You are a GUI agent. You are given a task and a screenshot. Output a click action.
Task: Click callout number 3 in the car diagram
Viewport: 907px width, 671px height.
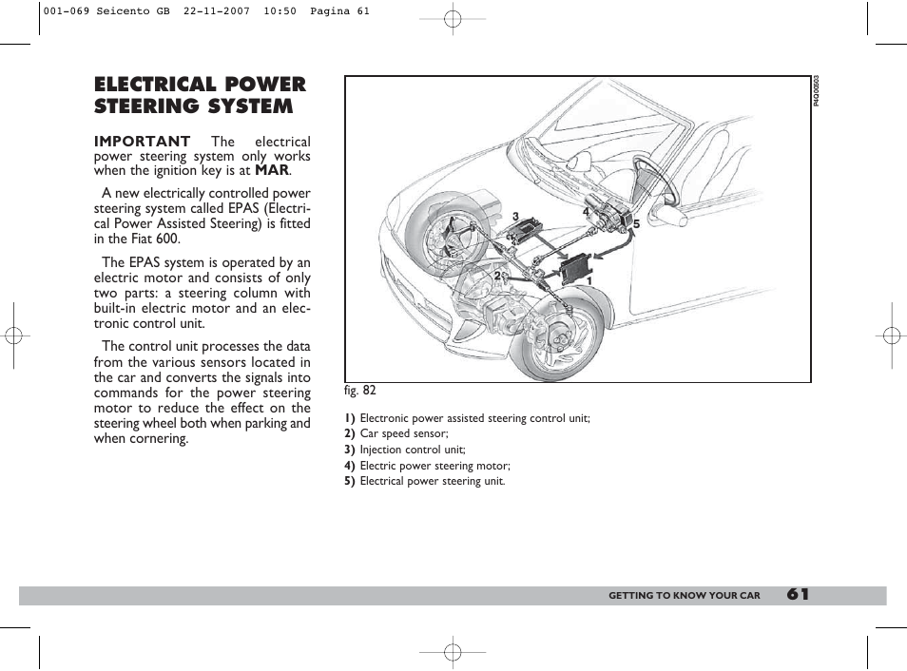tap(515, 217)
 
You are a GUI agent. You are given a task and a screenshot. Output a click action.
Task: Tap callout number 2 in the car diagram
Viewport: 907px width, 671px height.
tap(496, 276)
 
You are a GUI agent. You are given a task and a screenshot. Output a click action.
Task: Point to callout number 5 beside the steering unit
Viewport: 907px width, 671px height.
tap(636, 224)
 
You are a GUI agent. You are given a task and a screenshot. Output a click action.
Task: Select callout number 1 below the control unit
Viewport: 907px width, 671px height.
tap(589, 280)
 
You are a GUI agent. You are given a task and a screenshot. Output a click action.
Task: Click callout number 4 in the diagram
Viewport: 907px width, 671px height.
tap(587, 213)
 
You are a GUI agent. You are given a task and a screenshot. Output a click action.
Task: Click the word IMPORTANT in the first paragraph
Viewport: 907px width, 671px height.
tap(142, 141)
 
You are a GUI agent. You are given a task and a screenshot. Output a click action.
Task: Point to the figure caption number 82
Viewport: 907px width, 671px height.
tap(368, 390)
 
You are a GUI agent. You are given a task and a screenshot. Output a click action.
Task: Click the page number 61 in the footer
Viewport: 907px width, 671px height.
tap(798, 595)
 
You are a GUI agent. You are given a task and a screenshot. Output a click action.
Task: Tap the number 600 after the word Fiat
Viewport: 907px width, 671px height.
tap(166, 240)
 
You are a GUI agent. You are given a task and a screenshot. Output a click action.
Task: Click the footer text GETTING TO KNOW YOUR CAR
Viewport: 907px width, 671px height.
tap(685, 596)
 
